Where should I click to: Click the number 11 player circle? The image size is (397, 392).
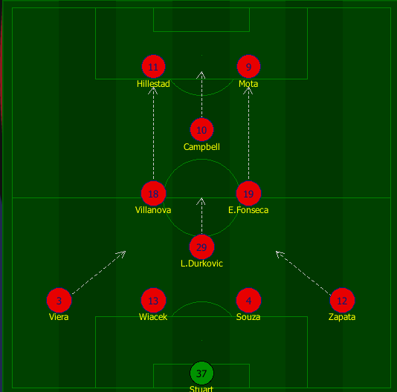pyautogui.click(x=153, y=67)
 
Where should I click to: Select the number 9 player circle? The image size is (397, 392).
pyautogui.click(x=248, y=67)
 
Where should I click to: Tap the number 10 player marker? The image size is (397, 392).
pyautogui.click(x=201, y=130)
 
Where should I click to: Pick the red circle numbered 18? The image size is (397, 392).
pyautogui.click(x=153, y=194)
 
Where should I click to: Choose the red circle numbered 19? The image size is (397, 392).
pyautogui.click(x=248, y=194)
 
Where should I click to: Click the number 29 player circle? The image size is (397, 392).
pyautogui.click(x=201, y=246)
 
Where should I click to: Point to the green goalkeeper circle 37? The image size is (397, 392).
pyautogui.click(x=201, y=373)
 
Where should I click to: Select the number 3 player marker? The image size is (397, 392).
pyautogui.click(x=59, y=300)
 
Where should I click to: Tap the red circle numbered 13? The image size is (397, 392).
pyautogui.click(x=153, y=300)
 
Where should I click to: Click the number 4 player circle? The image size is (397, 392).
pyautogui.click(x=248, y=300)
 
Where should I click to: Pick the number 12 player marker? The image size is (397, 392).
pyautogui.click(x=342, y=300)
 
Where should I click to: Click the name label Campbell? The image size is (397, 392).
pyautogui.click(x=201, y=147)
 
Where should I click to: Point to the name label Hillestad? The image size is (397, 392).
pyautogui.click(x=153, y=84)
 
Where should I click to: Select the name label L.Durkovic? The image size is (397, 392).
pyautogui.click(x=201, y=264)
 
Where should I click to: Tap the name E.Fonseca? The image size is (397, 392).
pyautogui.click(x=248, y=210)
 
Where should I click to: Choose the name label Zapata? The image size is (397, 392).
pyautogui.click(x=342, y=317)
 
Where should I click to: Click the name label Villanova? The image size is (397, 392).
pyautogui.click(x=153, y=210)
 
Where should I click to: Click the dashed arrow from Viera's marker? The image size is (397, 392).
pyautogui.click(x=99, y=272)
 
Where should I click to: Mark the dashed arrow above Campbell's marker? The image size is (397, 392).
pyautogui.click(x=201, y=94)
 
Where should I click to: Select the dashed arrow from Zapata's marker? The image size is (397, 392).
pyautogui.click(x=303, y=273)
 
